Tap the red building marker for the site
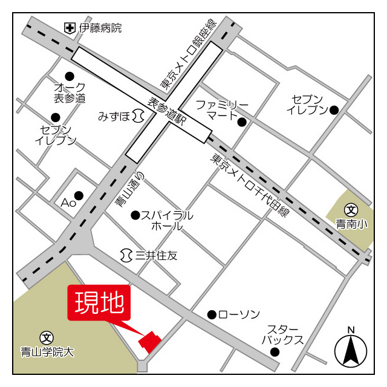(150, 341)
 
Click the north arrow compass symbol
(351, 348)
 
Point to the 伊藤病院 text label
(101, 28)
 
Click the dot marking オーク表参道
(70, 76)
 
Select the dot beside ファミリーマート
(242, 122)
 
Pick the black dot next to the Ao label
(79, 195)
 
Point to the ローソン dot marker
(212, 314)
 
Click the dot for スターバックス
(275, 351)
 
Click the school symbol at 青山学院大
(46, 337)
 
